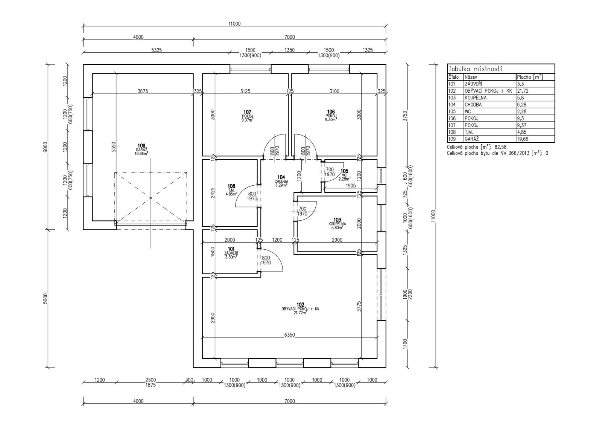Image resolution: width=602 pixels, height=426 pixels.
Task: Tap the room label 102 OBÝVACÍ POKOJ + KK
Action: (300, 309)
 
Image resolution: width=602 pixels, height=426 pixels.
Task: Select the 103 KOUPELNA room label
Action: (337, 224)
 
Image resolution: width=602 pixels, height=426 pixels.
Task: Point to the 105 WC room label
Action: (344, 174)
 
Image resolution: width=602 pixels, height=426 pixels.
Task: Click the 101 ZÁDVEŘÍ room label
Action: (231, 253)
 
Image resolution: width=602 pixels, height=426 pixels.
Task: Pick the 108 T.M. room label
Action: (231, 190)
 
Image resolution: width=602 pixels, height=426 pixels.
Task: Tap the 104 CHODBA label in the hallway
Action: (281, 181)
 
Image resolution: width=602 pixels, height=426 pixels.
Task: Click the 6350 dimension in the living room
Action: (289, 335)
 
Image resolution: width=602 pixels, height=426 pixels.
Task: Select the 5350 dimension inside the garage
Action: (114, 147)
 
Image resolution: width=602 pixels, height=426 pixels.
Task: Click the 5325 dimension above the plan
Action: (157, 50)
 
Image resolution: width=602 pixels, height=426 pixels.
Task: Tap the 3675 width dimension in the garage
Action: (143, 91)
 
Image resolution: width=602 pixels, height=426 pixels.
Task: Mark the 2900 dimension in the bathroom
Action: (337, 240)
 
